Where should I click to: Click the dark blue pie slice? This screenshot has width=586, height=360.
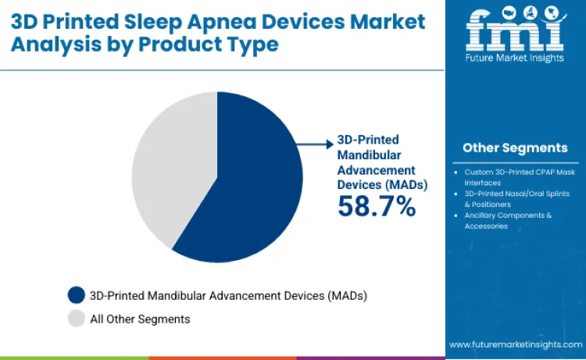coord(250,180)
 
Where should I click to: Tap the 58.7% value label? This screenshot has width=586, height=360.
coord(377,205)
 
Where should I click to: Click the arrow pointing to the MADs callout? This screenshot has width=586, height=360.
coord(316,143)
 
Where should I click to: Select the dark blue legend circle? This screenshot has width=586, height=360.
coord(76,295)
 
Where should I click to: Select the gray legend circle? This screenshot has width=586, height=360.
coord(76,319)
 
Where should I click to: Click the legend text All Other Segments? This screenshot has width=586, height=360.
coord(140,319)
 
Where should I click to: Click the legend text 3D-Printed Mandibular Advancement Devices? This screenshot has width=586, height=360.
coord(228,295)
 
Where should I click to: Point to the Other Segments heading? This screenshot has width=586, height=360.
coord(515,148)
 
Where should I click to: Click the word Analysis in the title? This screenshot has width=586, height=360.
coord(49,44)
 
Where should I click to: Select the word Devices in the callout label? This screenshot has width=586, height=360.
coord(358,184)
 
